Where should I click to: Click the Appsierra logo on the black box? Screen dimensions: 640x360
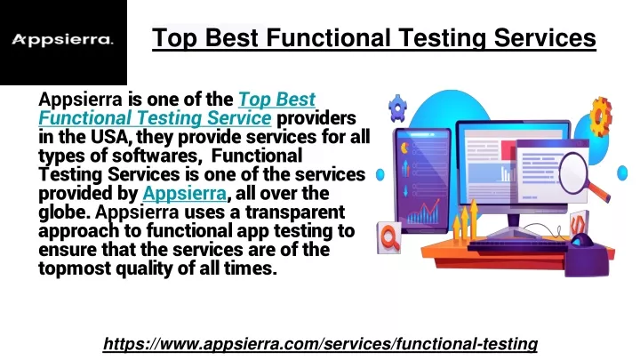tap(62, 40)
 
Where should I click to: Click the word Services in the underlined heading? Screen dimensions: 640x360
tap(545, 37)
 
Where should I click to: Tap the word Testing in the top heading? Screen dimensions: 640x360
tap(442, 38)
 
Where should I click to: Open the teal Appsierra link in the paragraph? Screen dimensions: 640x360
tap(185, 194)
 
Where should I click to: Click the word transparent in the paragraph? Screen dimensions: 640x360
tap(295, 212)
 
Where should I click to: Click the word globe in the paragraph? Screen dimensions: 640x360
tap(64, 212)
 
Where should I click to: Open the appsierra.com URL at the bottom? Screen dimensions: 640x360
tap(320, 344)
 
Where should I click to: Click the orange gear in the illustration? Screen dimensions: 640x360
tap(600, 116)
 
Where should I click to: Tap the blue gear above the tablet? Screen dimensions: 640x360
tap(397, 108)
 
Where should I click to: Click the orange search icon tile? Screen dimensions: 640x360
tap(388, 237)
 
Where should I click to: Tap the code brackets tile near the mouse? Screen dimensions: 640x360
tap(580, 223)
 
